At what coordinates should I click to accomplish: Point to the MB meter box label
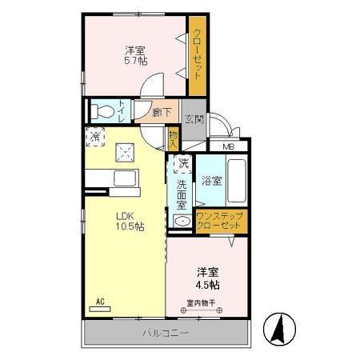coord(229,146)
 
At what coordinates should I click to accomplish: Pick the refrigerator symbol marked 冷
coord(94,136)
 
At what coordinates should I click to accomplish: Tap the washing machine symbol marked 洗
coord(183,165)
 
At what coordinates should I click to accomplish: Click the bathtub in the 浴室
coord(238,181)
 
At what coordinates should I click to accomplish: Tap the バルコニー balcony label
coord(166,332)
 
